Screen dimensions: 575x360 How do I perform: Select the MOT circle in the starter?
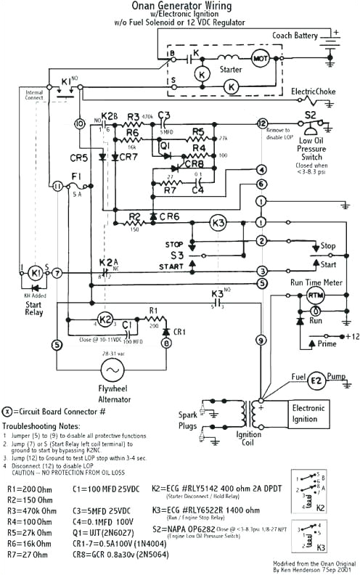pos(260,57)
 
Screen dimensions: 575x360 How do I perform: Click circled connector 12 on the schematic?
pos(262,123)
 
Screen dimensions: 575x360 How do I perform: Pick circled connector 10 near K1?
pos(81,124)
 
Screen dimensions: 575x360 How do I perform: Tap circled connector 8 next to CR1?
pos(165,343)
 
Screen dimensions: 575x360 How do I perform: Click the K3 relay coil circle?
pos(218,221)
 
